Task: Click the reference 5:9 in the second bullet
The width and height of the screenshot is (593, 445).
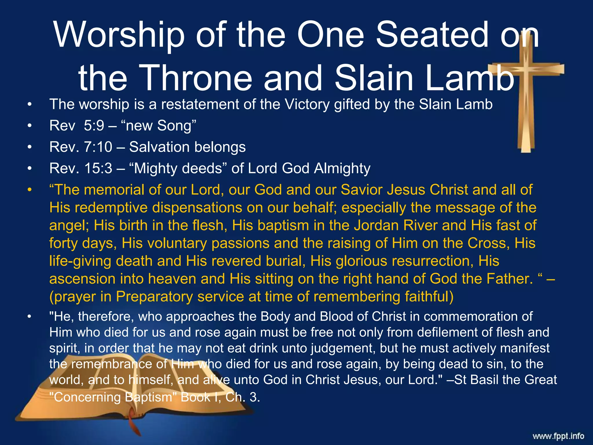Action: coord(94,126)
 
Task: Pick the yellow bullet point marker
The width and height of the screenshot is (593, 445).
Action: coord(29,190)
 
